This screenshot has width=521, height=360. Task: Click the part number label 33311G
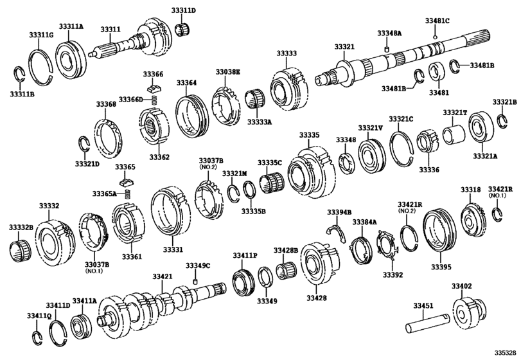tap(40, 34)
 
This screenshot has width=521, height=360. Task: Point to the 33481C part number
tap(437, 21)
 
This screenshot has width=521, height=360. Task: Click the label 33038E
tap(227, 72)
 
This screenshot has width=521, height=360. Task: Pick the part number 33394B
tap(339, 212)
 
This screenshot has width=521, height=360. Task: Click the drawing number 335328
tap(504, 353)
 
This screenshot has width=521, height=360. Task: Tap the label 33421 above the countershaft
tap(162, 276)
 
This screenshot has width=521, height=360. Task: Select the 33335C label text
tap(270, 163)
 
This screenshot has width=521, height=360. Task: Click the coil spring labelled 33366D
tap(154, 100)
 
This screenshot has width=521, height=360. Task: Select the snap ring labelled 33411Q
tap(37, 337)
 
